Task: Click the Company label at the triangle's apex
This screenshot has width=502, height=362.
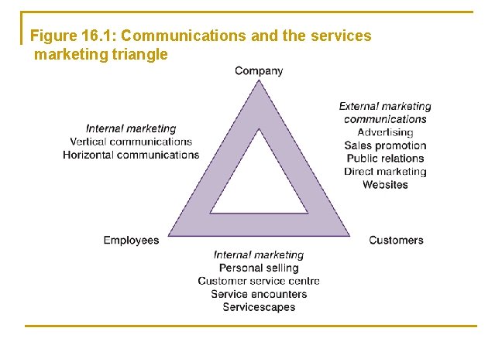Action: pyautogui.click(x=259, y=71)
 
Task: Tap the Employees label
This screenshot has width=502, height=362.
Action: pyautogui.click(x=131, y=241)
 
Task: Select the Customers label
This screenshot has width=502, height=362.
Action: pyautogui.click(x=396, y=241)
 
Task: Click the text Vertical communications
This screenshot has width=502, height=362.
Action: pyautogui.click(x=131, y=142)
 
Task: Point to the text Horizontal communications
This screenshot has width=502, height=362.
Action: pyautogui.click(x=131, y=155)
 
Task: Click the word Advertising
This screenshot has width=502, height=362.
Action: pyautogui.click(x=385, y=132)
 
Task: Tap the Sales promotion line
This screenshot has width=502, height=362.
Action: pyautogui.click(x=385, y=145)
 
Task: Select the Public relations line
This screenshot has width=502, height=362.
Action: pyautogui.click(x=385, y=159)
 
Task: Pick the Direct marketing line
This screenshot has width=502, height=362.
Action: pyautogui.click(x=385, y=172)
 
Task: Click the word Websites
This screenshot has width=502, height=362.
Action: pyautogui.click(x=385, y=185)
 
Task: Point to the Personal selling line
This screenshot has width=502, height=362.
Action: pyautogui.click(x=259, y=268)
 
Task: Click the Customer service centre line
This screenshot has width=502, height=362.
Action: pyautogui.click(x=259, y=281)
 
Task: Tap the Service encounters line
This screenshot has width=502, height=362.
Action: pyautogui.click(x=259, y=294)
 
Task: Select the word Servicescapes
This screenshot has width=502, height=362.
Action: pyautogui.click(x=259, y=307)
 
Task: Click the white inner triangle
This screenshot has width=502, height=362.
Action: pyautogui.click(x=259, y=186)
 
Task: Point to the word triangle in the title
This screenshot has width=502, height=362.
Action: pyautogui.click(x=139, y=55)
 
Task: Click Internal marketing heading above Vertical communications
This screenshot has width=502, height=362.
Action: pyautogui.click(x=131, y=128)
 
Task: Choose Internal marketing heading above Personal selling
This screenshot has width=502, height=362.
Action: pyautogui.click(x=259, y=254)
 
